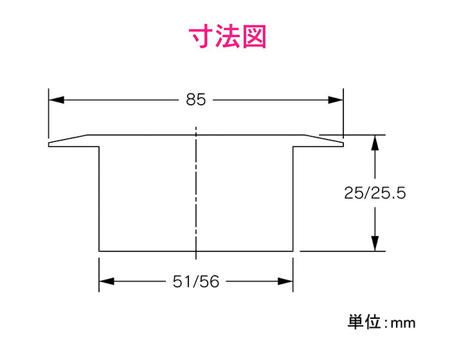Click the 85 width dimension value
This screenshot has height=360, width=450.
(196, 100)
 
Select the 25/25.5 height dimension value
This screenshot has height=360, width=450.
(375, 193)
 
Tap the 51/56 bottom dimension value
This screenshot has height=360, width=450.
(196, 282)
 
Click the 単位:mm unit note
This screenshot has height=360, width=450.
(381, 321)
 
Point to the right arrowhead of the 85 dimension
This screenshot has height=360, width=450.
(336, 100)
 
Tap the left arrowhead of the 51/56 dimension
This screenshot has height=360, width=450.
(106, 282)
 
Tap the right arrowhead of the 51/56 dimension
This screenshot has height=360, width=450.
(287, 282)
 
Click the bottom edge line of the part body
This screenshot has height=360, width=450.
(196, 251)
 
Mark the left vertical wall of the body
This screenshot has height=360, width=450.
(98, 199)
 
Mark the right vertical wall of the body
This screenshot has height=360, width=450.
(294, 199)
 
